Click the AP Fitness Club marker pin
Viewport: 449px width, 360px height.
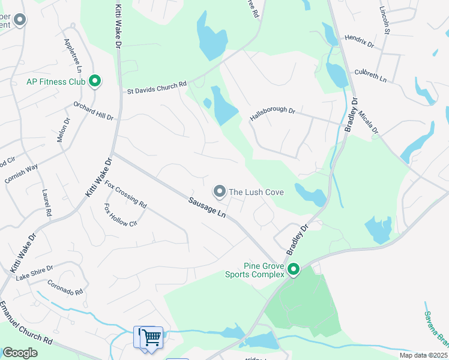click(94, 80)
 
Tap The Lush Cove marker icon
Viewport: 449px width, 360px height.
click(220, 191)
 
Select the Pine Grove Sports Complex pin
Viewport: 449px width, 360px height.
click(294, 269)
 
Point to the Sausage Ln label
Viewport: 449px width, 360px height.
click(206, 208)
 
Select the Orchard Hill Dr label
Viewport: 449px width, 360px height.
click(93, 110)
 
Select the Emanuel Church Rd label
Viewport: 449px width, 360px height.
click(26, 325)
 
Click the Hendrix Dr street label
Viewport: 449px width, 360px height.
click(359, 41)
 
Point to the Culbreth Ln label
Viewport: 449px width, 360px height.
click(370, 75)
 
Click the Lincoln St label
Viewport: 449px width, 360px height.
click(385, 20)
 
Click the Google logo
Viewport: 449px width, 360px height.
click(20, 353)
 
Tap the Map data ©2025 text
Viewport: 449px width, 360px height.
click(423, 355)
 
